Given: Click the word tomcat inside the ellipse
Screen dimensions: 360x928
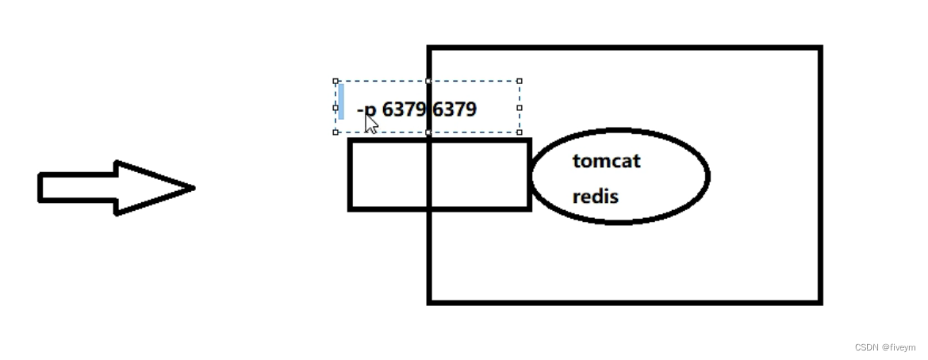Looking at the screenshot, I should click(606, 162).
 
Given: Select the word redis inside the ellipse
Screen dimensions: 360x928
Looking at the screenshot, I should click(595, 196).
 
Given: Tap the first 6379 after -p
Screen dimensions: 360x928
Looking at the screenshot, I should click(404, 109).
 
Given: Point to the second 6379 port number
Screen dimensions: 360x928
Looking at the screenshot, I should click(454, 109).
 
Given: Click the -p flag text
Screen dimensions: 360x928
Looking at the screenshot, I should click(367, 109).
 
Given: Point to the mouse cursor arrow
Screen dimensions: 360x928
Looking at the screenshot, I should click(370, 124).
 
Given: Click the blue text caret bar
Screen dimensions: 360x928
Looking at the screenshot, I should click(341, 101).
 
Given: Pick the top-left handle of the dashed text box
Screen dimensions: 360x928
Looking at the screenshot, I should click(336, 81).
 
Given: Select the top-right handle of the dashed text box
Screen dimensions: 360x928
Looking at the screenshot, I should click(520, 81).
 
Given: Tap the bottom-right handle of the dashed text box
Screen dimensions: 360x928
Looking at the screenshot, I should click(520, 132).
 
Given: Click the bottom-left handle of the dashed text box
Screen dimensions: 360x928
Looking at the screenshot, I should click(336, 132).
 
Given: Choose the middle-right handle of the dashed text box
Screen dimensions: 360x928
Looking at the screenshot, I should click(520, 107).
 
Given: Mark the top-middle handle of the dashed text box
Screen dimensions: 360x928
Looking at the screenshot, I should click(428, 81).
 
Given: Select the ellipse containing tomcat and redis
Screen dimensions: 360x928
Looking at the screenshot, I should click(674, 177).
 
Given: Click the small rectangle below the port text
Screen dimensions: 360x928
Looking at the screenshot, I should click(389, 175).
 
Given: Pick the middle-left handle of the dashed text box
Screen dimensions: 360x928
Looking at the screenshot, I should click(336, 107).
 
